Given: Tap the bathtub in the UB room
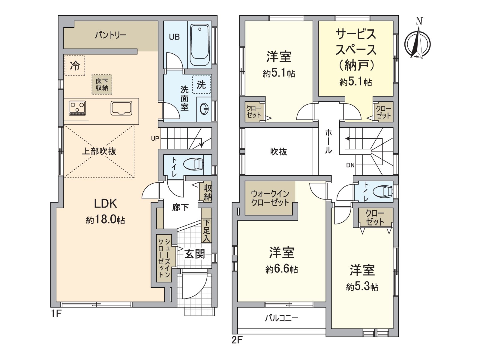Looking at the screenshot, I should point(200,45).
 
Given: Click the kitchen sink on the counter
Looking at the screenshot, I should point(121,108).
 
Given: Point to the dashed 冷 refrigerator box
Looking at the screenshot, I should point(75,65).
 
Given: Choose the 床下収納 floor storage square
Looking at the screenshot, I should point(102,85).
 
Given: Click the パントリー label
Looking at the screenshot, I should point(111,35).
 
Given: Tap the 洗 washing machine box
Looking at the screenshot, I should point(201,85).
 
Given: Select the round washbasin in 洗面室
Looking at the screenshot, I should point(204,109).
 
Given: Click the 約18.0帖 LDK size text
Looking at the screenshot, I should point(105,220).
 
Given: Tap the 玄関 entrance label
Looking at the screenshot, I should point(194,254).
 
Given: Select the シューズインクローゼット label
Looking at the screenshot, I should point(164,258).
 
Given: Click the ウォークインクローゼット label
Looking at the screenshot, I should point(270,198).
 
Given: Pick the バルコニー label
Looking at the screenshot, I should point(281,318).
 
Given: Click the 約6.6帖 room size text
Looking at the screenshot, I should point(281,269).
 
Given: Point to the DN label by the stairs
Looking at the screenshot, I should point(350,165).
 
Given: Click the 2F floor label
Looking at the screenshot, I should point(237,340).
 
